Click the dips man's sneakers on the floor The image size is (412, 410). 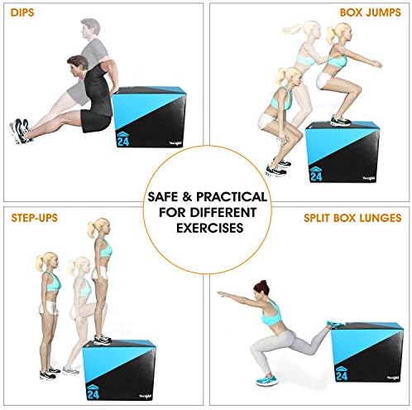pyautogui.click(x=20, y=129)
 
